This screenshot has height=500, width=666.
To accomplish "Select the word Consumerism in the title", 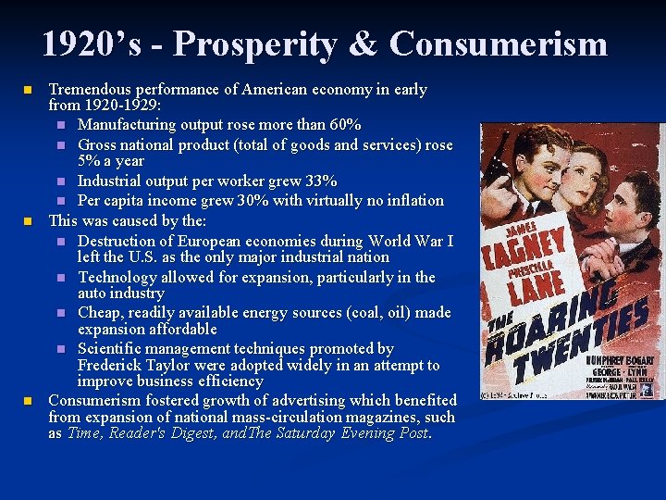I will coord(499,44).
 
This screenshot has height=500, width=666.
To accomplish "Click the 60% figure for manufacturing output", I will coord(346,124).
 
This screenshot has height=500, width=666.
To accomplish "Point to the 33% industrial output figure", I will coord(321,181).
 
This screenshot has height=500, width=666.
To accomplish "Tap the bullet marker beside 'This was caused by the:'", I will coord(29,221).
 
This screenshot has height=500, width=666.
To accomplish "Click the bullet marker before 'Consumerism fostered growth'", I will coord(29,400).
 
